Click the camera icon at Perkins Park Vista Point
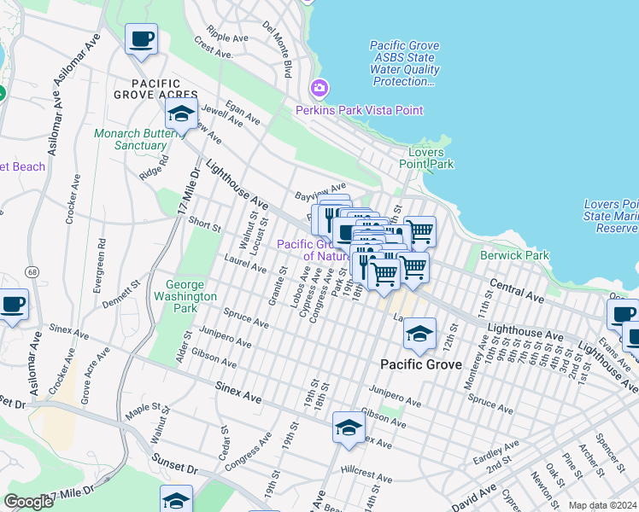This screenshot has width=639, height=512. point(319,88)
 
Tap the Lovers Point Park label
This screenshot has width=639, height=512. point(426,158)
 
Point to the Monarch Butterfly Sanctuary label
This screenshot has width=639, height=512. point(142,139)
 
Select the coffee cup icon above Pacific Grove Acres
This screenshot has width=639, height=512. point(141,39)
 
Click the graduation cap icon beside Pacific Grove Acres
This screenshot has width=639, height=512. point(181,114)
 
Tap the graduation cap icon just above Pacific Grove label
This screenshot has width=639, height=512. point(419,335)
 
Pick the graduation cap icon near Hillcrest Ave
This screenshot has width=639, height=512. point(349,428)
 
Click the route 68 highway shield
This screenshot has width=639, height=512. point(32,271)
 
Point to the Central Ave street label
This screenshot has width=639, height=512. point(516,290)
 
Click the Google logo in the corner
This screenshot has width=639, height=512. point(28,502)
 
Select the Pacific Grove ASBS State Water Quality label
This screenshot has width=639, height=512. point(404,63)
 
